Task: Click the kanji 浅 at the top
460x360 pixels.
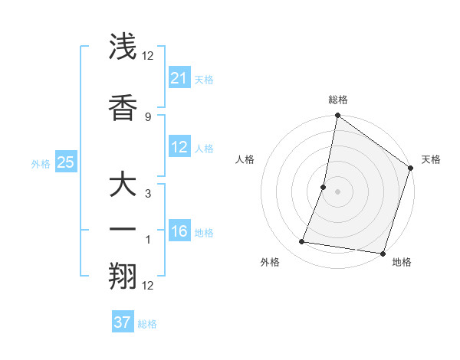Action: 124,48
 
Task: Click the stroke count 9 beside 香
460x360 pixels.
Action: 147,116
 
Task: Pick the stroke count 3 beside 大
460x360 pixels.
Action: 147,194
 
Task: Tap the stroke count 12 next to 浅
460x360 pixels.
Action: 147,56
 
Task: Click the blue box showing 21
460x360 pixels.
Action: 179,78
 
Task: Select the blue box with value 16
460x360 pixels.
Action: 179,232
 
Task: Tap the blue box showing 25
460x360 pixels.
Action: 65,162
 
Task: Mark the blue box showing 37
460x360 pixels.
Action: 122,322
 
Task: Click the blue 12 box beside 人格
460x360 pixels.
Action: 179,148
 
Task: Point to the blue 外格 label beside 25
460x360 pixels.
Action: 41,164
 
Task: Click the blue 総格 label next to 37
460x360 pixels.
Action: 147,324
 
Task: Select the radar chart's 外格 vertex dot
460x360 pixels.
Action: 302,242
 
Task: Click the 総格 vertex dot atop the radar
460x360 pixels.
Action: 337,116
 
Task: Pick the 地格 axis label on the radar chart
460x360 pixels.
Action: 402,263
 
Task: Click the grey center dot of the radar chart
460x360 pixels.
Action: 337,191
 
